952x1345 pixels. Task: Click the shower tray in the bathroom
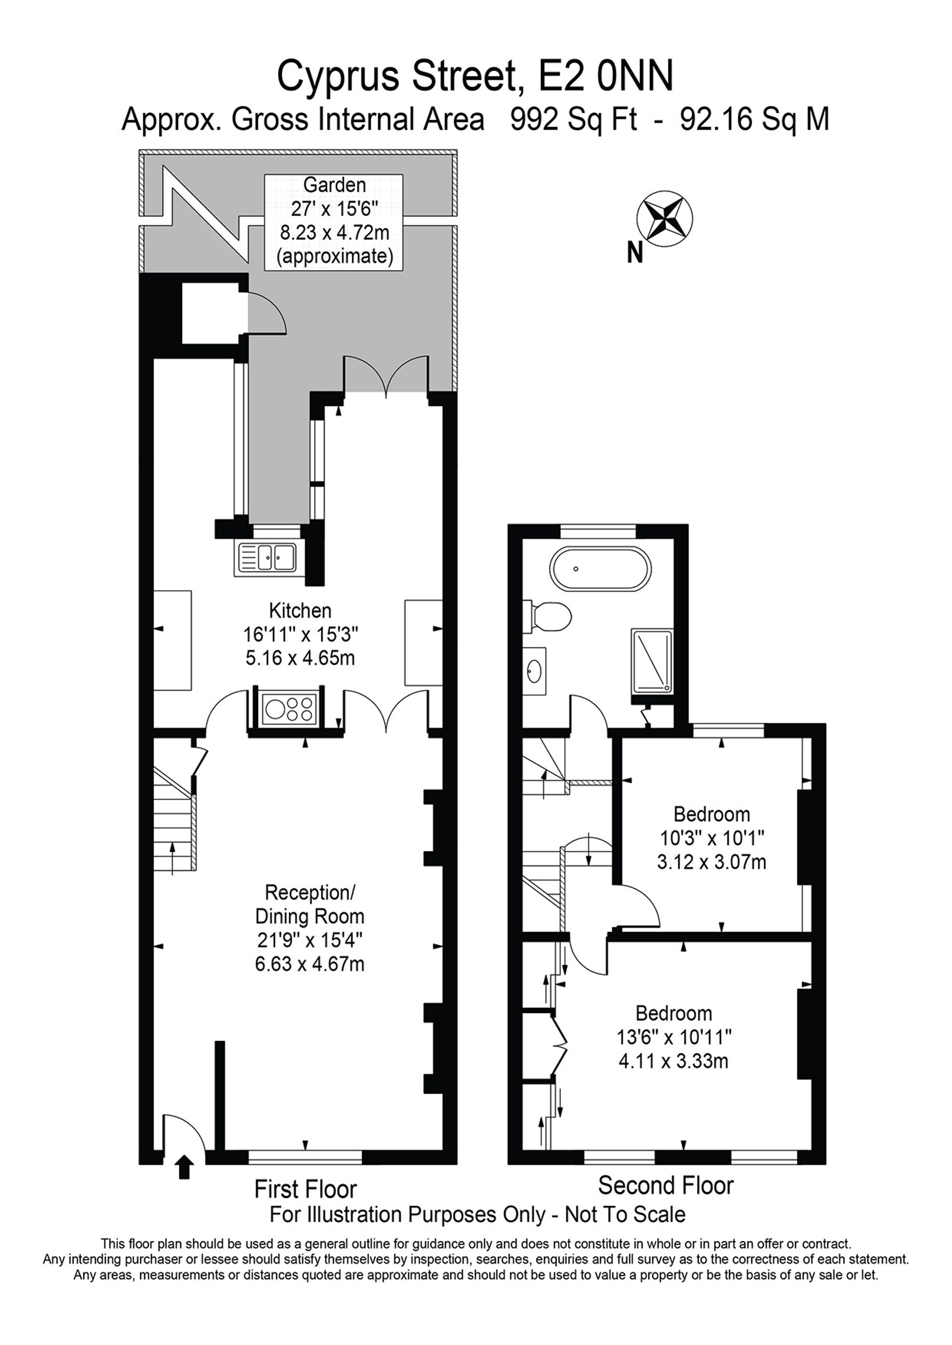point(652,661)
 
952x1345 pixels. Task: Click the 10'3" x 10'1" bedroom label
point(712,838)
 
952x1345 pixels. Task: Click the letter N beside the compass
point(635,253)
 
